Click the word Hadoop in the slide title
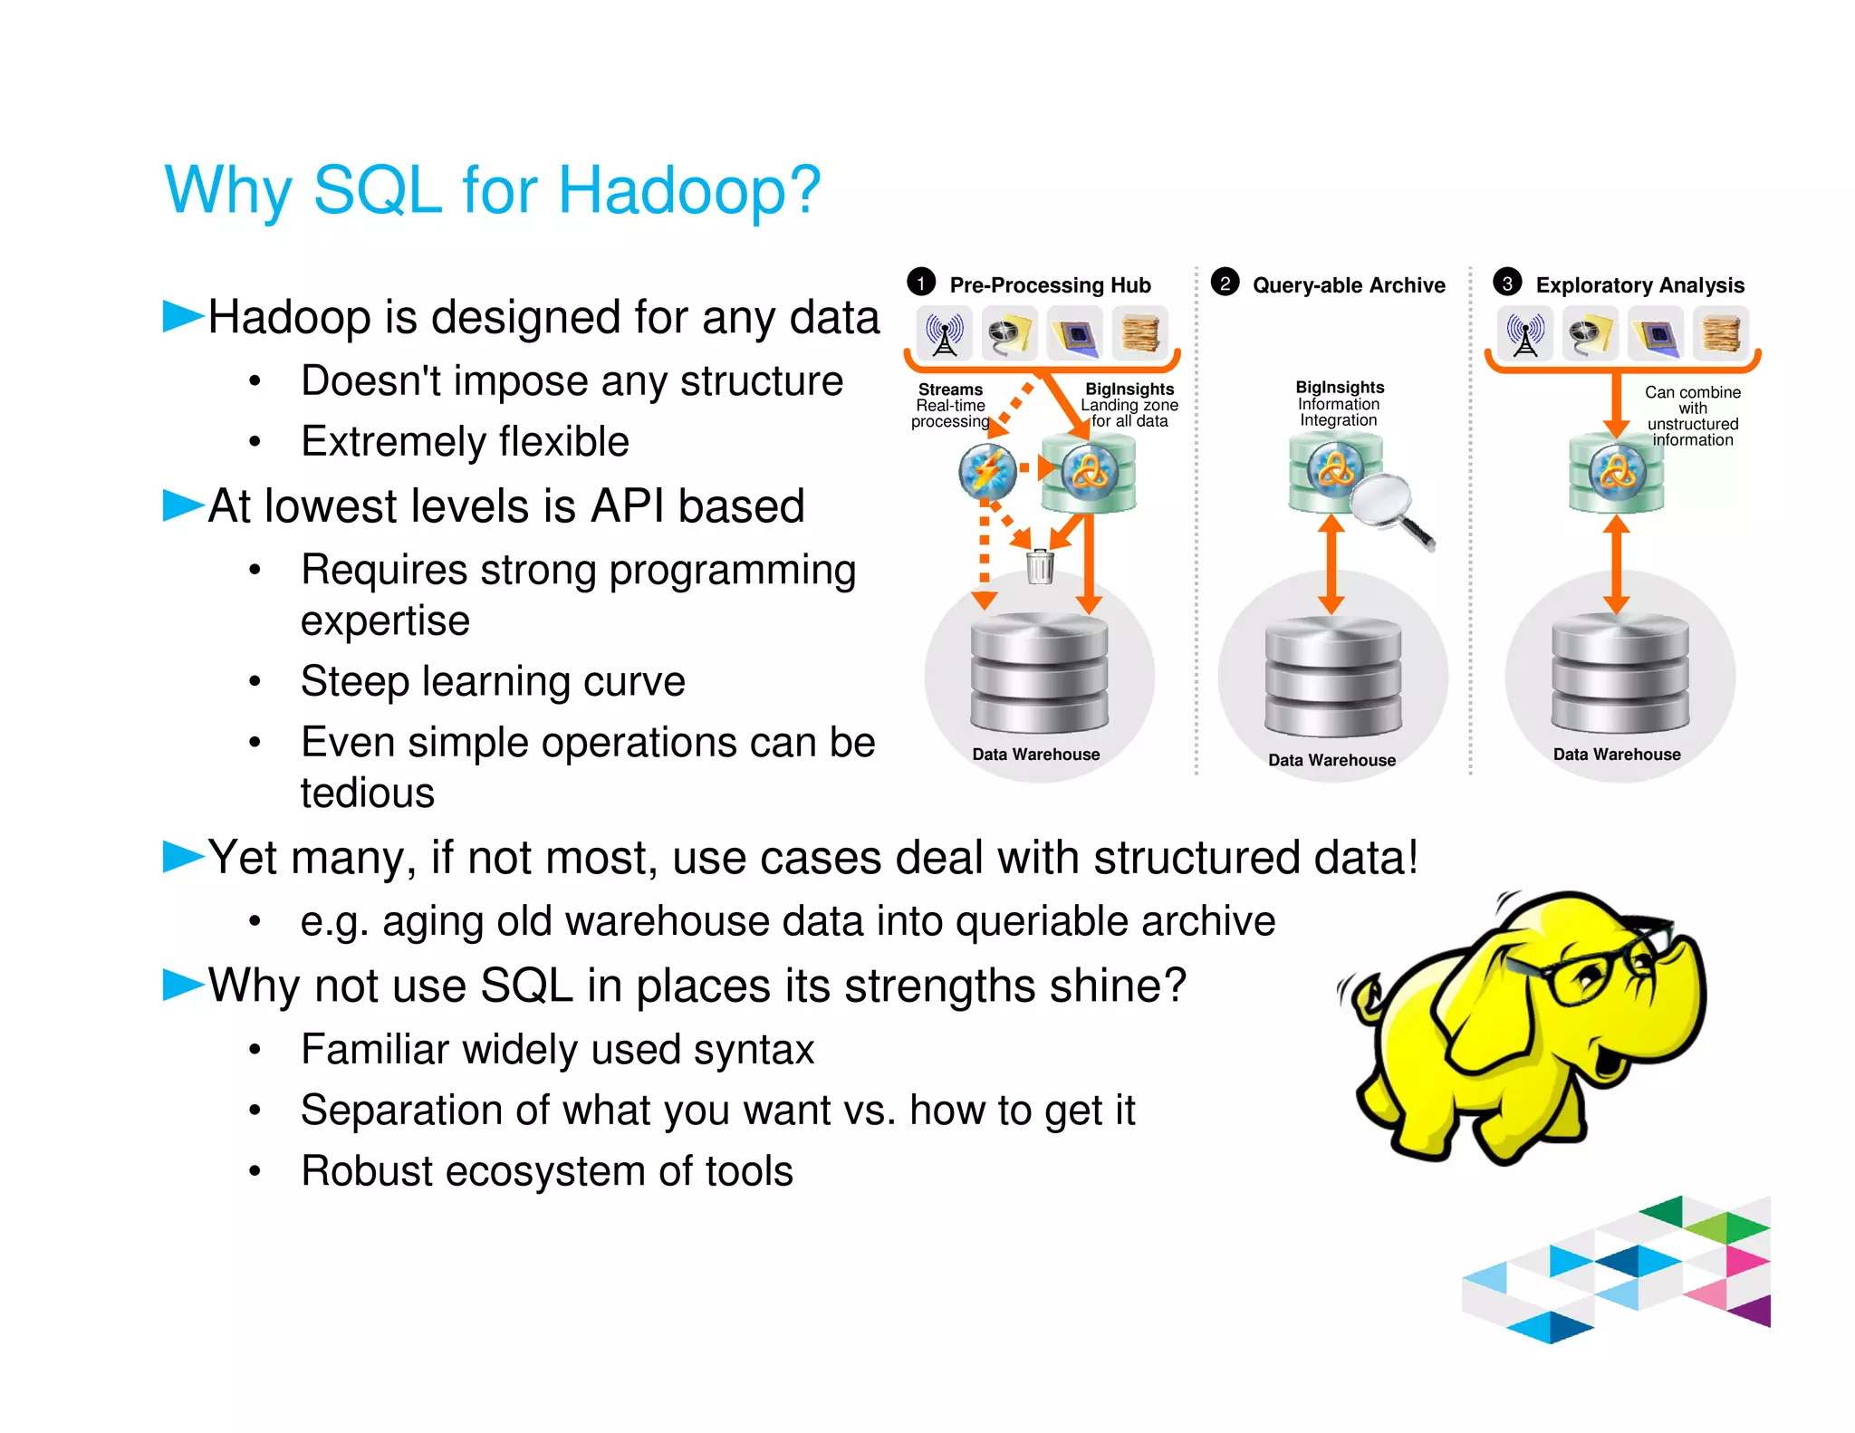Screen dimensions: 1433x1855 coord(688,190)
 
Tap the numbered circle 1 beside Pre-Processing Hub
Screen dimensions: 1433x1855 coord(921,283)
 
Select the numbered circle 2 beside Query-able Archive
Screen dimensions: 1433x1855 coord(1225,283)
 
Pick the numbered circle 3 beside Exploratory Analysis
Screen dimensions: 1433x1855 coord(1507,283)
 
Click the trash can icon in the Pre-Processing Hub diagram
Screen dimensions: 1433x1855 coord(1040,567)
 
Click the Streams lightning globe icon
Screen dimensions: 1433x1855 coord(987,471)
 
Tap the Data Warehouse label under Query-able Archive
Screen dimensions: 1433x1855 coord(1331,760)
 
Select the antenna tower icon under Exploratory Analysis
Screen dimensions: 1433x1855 coord(1525,333)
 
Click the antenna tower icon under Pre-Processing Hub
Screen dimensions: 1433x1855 coord(945,333)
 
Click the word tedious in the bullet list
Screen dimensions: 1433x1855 coord(368,793)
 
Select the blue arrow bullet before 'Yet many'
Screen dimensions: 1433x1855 coord(183,856)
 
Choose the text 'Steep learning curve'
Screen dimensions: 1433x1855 coord(493,681)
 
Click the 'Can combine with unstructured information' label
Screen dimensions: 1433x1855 coord(1692,416)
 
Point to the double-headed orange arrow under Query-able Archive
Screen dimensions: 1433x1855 coord(1331,564)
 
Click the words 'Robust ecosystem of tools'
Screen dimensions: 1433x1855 coord(547,1171)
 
